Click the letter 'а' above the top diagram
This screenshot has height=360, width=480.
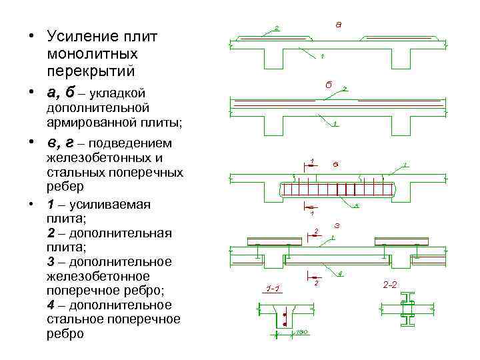point(338,25)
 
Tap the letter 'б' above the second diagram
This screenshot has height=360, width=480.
point(328,85)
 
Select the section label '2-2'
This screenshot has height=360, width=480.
point(390,285)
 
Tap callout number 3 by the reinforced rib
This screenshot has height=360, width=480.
point(356,205)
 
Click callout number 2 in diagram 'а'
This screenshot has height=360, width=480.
point(277,28)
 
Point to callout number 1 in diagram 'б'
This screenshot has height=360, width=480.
point(334,123)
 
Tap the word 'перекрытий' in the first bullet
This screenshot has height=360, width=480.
point(91,69)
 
